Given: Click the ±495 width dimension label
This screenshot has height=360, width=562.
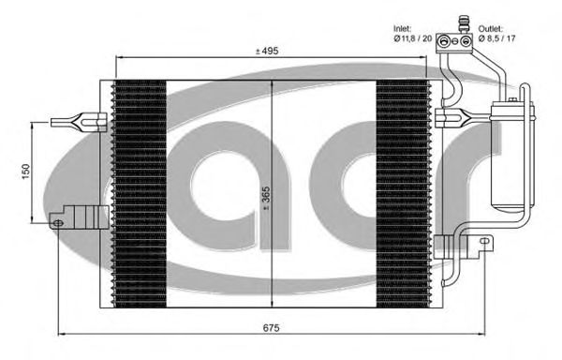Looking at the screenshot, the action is click(267, 51).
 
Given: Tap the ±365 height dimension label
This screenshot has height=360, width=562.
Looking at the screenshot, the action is click(267, 199).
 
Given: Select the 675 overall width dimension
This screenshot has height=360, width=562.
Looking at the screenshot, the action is click(272, 327).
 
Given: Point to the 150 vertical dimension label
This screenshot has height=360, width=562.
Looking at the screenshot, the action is click(26, 172).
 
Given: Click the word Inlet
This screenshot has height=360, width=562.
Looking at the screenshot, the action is click(403, 28).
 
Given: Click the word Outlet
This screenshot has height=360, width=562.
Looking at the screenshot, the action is click(491, 29).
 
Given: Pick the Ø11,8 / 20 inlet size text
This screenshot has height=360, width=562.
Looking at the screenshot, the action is click(413, 38).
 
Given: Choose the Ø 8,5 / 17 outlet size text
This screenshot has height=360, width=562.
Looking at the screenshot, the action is click(496, 38).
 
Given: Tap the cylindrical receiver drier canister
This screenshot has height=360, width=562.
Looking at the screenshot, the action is click(509, 156).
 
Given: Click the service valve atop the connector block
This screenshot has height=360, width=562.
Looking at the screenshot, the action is click(464, 23).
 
